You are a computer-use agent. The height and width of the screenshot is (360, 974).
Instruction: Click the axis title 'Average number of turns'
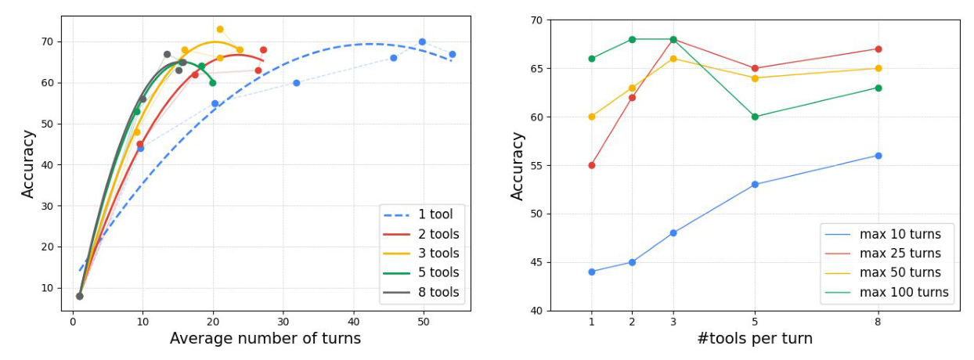tap(265, 339)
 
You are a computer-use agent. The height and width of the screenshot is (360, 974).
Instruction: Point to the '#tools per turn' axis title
tap(755, 339)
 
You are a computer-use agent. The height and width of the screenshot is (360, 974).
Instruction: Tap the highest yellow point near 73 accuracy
tap(220, 30)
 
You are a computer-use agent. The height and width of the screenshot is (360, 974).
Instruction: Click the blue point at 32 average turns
tap(297, 83)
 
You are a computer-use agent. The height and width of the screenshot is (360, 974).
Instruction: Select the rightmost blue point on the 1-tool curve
tap(452, 54)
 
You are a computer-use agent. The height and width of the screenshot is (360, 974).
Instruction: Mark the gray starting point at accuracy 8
tap(79, 296)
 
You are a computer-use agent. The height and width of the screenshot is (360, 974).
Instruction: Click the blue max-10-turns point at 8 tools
tap(878, 156)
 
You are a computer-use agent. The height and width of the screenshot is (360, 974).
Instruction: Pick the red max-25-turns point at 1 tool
tap(591, 165)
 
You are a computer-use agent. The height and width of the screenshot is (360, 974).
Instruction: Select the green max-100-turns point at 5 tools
tap(755, 117)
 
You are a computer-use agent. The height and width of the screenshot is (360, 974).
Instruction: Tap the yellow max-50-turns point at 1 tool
tap(591, 117)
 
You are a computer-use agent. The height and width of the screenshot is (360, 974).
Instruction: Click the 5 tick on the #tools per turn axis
tap(755, 319)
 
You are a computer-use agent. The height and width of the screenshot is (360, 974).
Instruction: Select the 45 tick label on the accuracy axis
tap(535, 263)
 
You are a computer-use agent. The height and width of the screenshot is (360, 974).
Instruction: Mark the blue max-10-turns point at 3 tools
tap(673, 233)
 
